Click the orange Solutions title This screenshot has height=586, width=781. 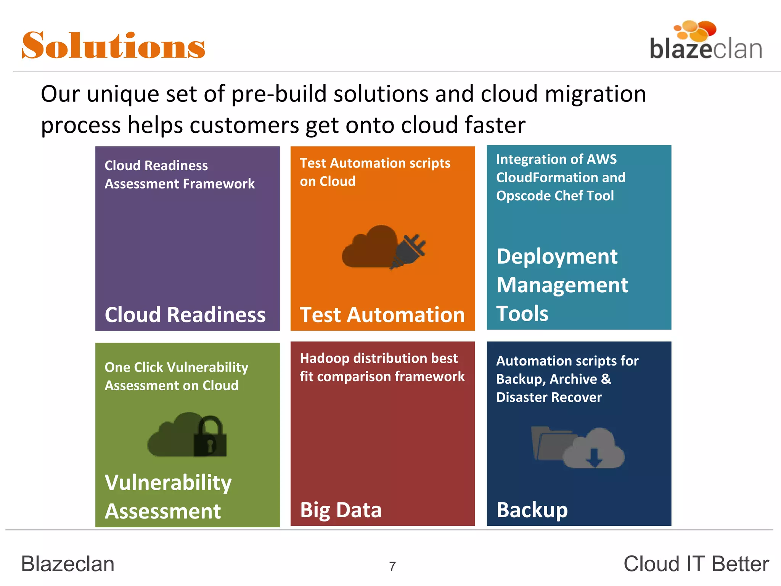(x=114, y=46)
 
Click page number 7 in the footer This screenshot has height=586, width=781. (x=392, y=567)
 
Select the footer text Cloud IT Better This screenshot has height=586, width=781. (x=696, y=564)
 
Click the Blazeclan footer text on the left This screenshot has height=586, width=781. (x=68, y=564)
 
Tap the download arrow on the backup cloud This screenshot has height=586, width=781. (x=594, y=457)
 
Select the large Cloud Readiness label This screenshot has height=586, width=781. (x=185, y=315)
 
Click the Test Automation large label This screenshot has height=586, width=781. (x=382, y=315)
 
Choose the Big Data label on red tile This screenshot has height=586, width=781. (x=341, y=510)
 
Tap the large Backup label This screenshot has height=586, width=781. (x=532, y=510)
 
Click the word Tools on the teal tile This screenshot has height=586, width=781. (x=522, y=314)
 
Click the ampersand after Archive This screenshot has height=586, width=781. (x=606, y=379)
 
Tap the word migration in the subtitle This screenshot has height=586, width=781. (x=595, y=94)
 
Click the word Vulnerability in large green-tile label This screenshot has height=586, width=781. (x=168, y=483)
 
